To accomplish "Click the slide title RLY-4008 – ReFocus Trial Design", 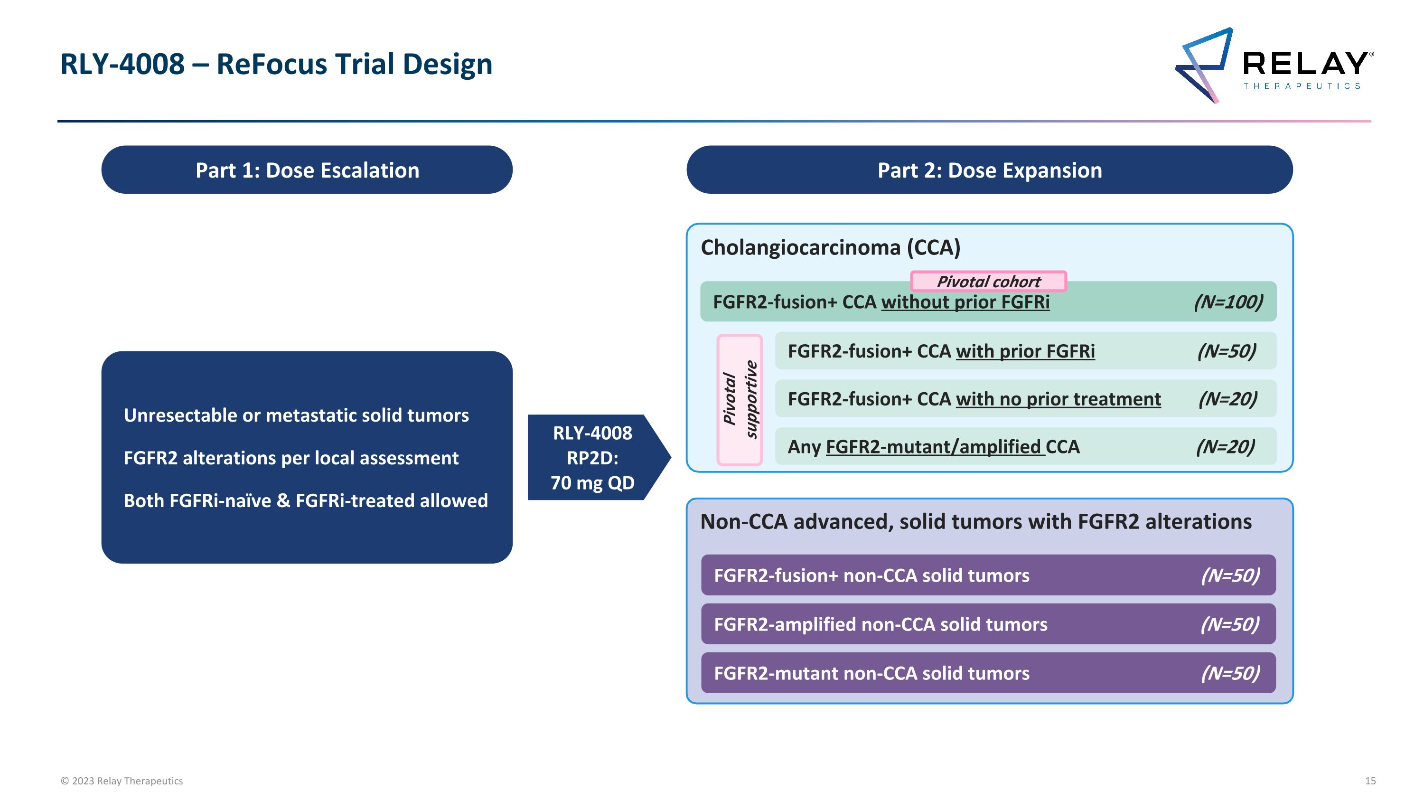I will pyautogui.click(x=276, y=64).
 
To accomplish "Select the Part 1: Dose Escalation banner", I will pyautogui.click(x=307, y=170).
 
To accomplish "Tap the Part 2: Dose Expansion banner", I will pyautogui.click(x=989, y=170).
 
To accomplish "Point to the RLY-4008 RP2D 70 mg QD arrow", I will pyautogui.click(x=595, y=458).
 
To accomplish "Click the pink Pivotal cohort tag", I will pyautogui.click(x=988, y=282).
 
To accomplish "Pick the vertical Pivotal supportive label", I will pyautogui.click(x=740, y=400).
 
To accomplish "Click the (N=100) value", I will pyautogui.click(x=1228, y=302).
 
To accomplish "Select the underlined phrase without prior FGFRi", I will pyautogui.click(x=965, y=302).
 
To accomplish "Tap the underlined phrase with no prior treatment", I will pyautogui.click(x=1058, y=399).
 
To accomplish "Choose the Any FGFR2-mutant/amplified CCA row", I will pyautogui.click(x=1025, y=447).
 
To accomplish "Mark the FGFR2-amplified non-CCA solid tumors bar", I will pyautogui.click(x=988, y=624).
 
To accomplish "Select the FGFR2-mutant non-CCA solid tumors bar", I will pyautogui.click(x=988, y=673).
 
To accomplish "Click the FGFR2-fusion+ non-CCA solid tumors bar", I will pyautogui.click(x=988, y=575).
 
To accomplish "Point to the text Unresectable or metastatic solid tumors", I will pyautogui.click(x=296, y=415).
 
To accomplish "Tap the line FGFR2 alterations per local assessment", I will pyautogui.click(x=291, y=458).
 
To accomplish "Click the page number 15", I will pyautogui.click(x=1370, y=781).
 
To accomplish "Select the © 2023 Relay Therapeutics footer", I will pyautogui.click(x=122, y=781).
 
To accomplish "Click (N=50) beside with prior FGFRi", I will pyautogui.click(x=1226, y=351).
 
